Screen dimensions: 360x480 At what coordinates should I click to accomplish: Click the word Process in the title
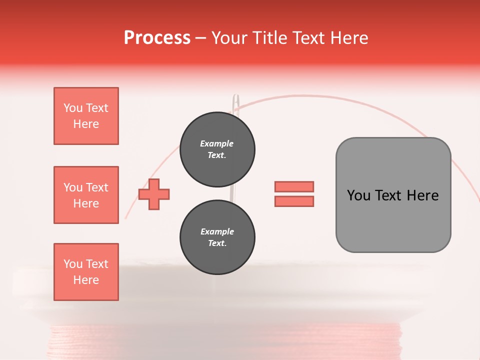click(x=157, y=38)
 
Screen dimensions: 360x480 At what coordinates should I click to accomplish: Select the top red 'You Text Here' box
click(x=86, y=116)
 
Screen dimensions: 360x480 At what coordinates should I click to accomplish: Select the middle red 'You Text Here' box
click(x=86, y=195)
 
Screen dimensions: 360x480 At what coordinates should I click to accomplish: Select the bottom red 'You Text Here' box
click(x=86, y=272)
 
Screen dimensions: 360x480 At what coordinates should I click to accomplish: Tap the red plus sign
click(x=154, y=194)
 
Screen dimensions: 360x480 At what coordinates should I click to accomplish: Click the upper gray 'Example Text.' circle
click(x=217, y=149)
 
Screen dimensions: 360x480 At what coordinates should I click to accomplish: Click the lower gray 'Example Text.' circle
click(x=217, y=237)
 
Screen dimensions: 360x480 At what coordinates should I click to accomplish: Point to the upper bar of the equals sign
click(x=294, y=186)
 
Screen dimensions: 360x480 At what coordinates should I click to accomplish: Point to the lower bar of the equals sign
click(x=294, y=201)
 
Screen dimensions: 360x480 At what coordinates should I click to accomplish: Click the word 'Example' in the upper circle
click(x=217, y=143)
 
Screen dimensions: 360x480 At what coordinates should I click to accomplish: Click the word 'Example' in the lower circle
click(x=217, y=231)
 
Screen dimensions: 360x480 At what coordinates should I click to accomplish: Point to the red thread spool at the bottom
click(x=225, y=342)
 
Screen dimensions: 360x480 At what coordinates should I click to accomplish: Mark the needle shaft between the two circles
click(x=231, y=194)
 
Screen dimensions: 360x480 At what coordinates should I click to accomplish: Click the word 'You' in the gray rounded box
click(x=358, y=195)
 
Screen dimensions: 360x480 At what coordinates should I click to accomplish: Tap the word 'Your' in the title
click(x=229, y=38)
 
